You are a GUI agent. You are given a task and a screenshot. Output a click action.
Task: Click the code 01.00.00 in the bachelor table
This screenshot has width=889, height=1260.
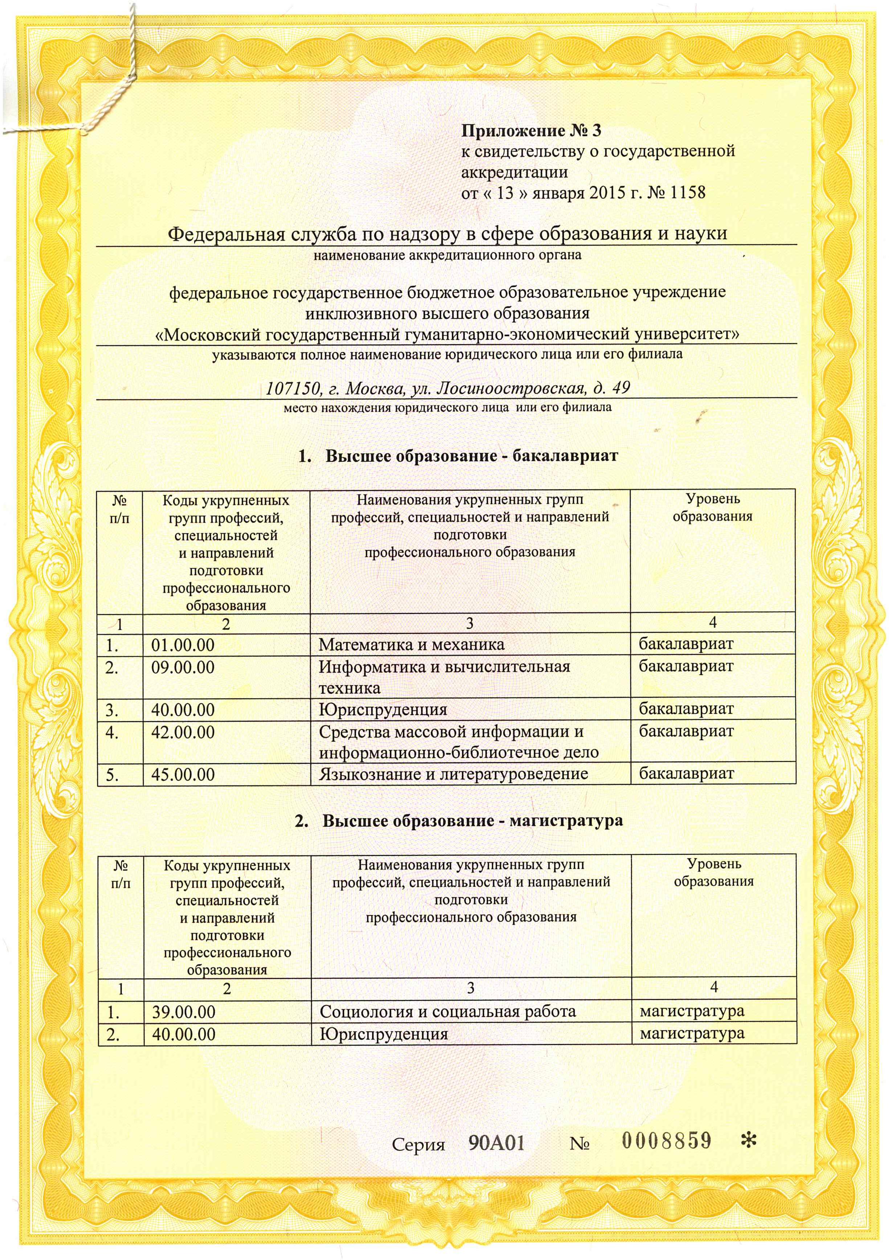183,645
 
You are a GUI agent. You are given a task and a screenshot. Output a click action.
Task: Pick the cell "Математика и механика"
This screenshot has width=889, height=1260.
411,645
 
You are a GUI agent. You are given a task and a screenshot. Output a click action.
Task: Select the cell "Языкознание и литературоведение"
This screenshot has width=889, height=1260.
453,774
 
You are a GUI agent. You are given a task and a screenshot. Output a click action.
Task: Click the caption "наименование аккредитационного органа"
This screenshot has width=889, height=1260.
447,255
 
